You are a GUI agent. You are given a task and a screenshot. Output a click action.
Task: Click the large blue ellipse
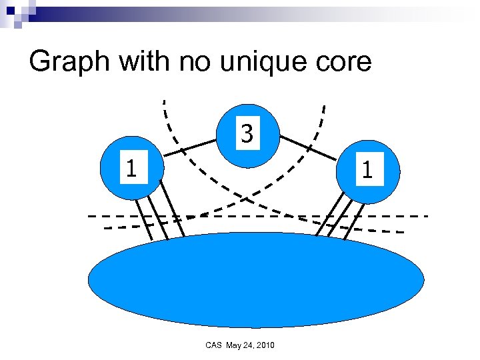256,280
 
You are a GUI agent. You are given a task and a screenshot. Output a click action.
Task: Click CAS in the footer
215,345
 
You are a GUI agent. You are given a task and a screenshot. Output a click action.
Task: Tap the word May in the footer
235,345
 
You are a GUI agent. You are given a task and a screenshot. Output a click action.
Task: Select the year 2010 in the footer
271,345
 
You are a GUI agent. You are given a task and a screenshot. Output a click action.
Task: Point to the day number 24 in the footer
252,345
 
